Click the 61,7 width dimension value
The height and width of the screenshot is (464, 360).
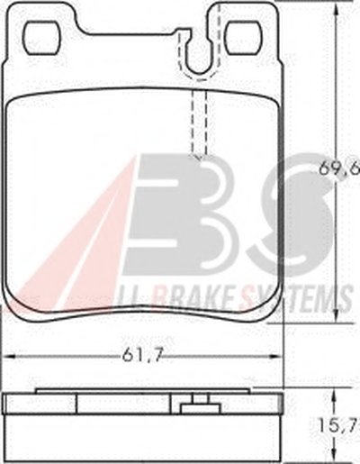coord(142,356)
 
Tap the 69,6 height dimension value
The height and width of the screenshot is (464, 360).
coord(339,170)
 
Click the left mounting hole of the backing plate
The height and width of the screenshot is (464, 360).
coord(42,38)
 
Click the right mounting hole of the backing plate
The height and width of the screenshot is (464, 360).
coord(243,38)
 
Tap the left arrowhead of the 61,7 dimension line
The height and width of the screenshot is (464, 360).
coord(10,357)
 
